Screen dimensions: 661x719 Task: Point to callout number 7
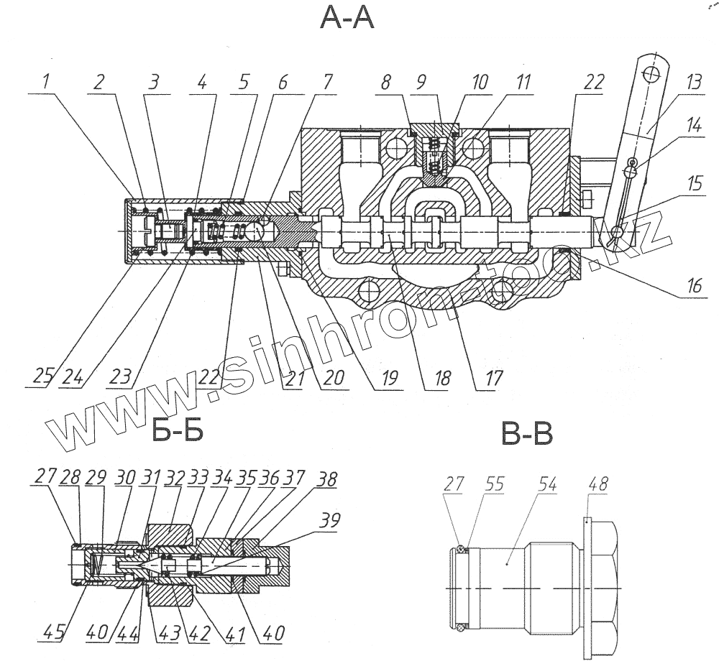click(327, 83)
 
